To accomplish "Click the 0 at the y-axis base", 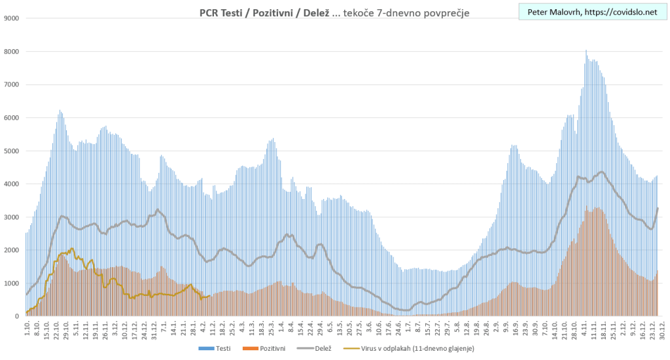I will (17, 317).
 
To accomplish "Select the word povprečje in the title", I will (444, 13).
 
